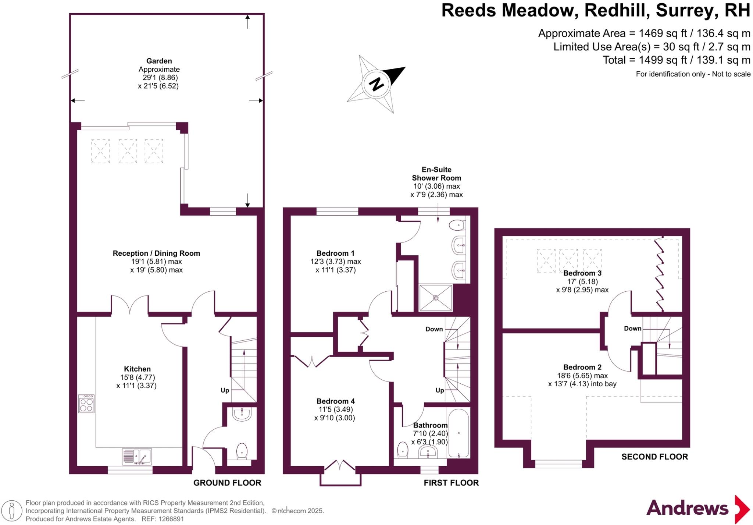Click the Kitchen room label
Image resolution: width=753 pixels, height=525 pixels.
pyautogui.click(x=137, y=369)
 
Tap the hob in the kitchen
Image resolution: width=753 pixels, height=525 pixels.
pyautogui.click(x=86, y=404)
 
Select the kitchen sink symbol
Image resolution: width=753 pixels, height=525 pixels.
pyautogui.click(x=136, y=457)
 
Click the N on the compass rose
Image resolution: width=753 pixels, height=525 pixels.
pyautogui.click(x=376, y=84)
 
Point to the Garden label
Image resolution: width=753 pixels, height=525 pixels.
pyautogui.click(x=159, y=61)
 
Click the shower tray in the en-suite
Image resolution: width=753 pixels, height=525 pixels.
pyautogui.click(x=436, y=298)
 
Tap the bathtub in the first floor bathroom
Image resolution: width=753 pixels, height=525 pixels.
pyautogui.click(x=459, y=433)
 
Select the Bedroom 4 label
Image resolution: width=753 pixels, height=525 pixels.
pyautogui.click(x=336, y=401)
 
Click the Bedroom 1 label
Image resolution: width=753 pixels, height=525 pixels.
pyautogui.click(x=335, y=253)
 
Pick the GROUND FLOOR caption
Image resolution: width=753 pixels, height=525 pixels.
pyautogui.click(x=227, y=483)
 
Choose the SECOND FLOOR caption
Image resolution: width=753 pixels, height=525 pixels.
pyautogui.click(x=654, y=457)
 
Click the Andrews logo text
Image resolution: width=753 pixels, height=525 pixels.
pyautogui.click(x=687, y=508)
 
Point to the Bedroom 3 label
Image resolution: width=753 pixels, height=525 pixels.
pyautogui.click(x=582, y=273)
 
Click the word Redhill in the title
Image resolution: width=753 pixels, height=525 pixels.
pyautogui.click(x=613, y=11)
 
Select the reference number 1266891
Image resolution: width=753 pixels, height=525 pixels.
pyautogui.click(x=171, y=519)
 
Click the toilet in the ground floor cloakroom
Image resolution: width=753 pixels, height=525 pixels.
pyautogui.click(x=242, y=451)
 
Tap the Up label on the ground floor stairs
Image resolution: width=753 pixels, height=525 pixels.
pyautogui.click(x=225, y=390)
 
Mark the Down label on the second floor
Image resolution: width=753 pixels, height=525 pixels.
pyautogui.click(x=632, y=329)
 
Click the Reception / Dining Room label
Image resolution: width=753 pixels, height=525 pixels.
pyautogui.click(x=156, y=253)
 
